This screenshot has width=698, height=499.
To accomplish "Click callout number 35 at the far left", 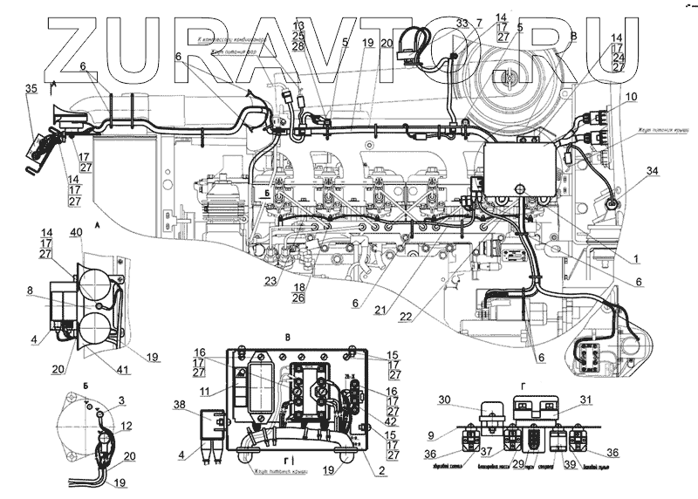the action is point(31,89).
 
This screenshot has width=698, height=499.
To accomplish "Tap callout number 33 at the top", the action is point(462,22).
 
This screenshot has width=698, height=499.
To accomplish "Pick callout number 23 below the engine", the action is point(271,280).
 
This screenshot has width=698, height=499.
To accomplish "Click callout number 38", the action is point(180,405).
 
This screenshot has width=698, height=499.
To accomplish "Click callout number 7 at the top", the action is point(479,22).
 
